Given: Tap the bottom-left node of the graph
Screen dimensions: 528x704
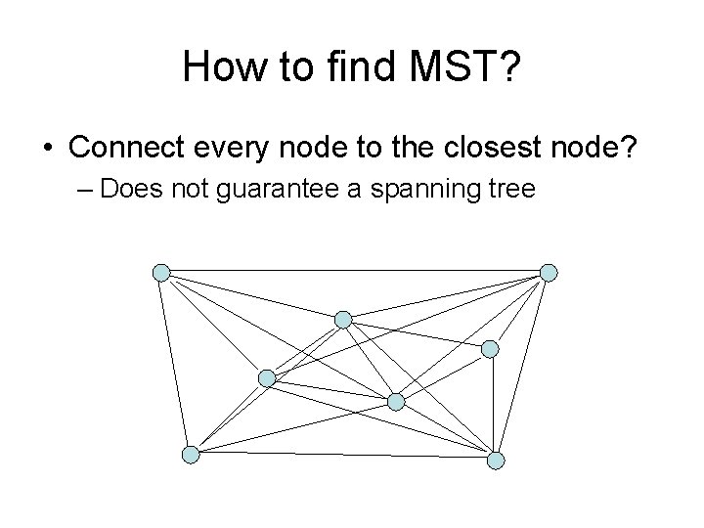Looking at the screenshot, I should (191, 455).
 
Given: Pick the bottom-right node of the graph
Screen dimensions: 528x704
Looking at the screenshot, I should (496, 460).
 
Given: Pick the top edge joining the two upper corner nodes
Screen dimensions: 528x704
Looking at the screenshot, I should (356, 270).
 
